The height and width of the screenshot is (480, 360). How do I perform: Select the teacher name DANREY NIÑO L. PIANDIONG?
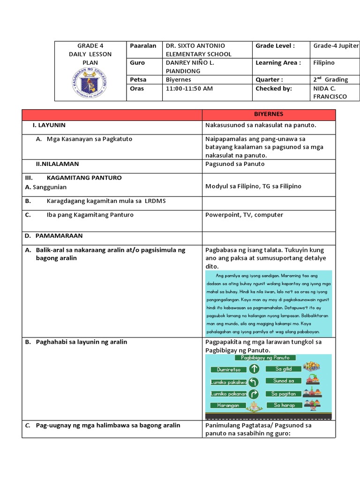coord(190,67)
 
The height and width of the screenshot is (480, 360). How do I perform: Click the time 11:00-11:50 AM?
coord(189,88)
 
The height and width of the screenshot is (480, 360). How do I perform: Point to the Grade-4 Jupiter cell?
coord(336,45)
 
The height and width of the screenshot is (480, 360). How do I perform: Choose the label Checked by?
coord(274,88)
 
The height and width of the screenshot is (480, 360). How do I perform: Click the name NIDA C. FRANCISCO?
coord(330,92)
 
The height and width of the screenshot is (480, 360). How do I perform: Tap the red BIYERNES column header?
coord(269,114)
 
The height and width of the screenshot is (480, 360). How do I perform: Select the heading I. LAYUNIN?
coord(49,126)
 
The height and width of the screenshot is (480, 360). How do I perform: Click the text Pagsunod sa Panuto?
coord(235,164)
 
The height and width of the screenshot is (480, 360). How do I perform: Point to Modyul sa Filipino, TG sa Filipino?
coord(253,186)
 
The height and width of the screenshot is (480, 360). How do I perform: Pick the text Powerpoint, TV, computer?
coord(244,215)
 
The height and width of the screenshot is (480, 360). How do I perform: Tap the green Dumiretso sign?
coord(229,369)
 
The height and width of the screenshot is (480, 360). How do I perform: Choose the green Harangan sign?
coord(228,405)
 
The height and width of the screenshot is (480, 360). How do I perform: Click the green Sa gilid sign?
coord(283,369)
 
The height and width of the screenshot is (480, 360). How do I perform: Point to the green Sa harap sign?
coord(283,405)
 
